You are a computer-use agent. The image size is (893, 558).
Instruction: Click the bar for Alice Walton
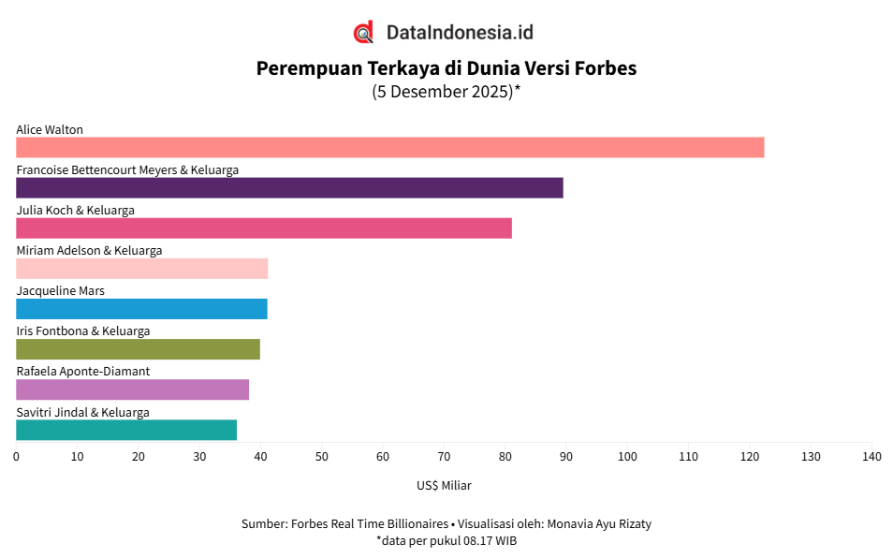coord(389,148)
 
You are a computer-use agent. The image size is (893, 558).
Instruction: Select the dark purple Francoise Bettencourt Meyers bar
coord(289,188)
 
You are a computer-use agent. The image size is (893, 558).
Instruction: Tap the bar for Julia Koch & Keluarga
coord(264,228)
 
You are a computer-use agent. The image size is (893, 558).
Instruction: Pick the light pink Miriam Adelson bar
coord(141,269)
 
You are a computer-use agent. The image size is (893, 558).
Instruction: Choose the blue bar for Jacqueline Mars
coord(141,309)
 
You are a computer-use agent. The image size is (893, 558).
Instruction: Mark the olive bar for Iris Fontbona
coord(138,349)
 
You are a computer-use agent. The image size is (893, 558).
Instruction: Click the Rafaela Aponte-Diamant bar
coord(132,389)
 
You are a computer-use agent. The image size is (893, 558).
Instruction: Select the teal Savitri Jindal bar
coord(126,430)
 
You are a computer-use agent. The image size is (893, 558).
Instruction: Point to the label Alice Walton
coord(50,129)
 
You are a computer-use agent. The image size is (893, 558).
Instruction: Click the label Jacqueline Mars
coord(60,290)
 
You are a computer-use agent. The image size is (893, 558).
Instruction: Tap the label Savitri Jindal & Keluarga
coord(82,412)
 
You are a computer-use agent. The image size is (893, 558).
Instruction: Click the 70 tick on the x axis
coord(444,457)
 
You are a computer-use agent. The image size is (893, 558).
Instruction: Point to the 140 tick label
coord(871,457)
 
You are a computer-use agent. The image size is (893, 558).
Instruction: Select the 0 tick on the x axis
coord(16,457)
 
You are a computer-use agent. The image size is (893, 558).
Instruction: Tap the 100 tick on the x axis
coord(627,457)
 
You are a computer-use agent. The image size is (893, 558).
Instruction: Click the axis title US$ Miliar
coord(444,486)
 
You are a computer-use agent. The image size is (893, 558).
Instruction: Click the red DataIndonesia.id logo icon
coord(363,33)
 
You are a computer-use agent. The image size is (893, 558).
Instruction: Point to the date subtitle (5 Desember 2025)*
coord(446,92)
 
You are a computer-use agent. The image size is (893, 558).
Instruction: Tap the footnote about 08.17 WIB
coord(446,541)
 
